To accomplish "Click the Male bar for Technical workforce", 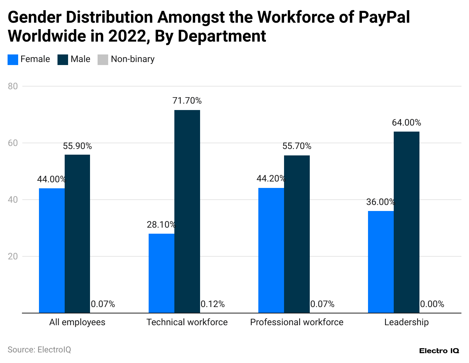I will point(187,211).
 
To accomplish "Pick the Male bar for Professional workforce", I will point(297,234).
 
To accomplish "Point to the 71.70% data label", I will point(187,101).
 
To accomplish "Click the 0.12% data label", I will point(213,304).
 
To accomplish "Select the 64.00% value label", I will point(407,123).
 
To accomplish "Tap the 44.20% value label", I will point(271,178).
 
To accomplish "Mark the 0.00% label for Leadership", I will point(432,304).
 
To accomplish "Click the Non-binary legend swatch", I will point(103,60).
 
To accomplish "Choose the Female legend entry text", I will point(35,59).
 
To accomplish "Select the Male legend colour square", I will point(63,60).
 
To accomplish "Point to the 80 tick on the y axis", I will point(13,86).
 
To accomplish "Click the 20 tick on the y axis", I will point(13,256).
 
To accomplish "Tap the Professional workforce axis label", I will point(297,322).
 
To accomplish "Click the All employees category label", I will point(77,322).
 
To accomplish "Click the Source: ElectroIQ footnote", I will point(39,350).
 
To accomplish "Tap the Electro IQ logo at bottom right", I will point(439,351).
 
